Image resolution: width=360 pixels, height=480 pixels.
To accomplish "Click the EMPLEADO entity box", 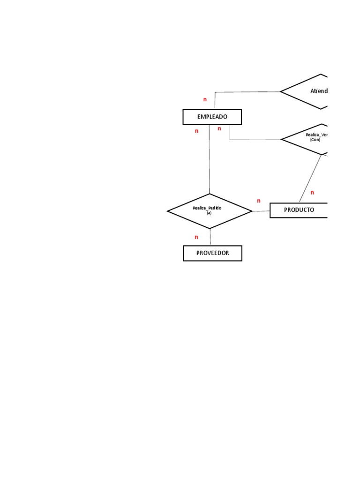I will coord(212,117).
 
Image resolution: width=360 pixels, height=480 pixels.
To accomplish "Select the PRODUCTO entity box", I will coord(299,210).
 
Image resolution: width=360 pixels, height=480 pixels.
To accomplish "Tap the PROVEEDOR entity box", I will coord(212,253).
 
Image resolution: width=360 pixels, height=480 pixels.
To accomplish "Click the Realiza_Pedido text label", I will coord(207,208).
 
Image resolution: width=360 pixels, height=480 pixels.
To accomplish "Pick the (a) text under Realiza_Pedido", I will coord(209,213).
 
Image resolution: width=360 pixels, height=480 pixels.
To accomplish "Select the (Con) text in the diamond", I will coord(315,140).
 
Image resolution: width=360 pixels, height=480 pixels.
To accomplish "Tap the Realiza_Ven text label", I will coord(317,135).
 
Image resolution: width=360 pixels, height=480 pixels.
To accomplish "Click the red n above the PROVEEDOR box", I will coord(196,237).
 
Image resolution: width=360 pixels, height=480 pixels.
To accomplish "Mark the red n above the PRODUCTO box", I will coord(312,193).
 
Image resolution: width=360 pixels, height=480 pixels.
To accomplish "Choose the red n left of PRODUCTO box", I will coord(258,201).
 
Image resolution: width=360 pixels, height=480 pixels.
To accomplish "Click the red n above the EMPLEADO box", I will coord(205,99).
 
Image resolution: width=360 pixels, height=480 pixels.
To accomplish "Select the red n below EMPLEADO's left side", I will coord(196,131).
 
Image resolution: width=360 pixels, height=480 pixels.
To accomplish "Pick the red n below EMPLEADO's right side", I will coord(219,129).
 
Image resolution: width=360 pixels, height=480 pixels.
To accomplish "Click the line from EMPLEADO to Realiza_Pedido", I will coord(210,159).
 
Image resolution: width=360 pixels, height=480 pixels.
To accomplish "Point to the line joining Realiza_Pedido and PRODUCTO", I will coord(261,211).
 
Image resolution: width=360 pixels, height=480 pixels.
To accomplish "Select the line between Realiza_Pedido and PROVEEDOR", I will coord(210,237).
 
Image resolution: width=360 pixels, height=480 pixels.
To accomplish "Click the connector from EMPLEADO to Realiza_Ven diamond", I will coord(255,140).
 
